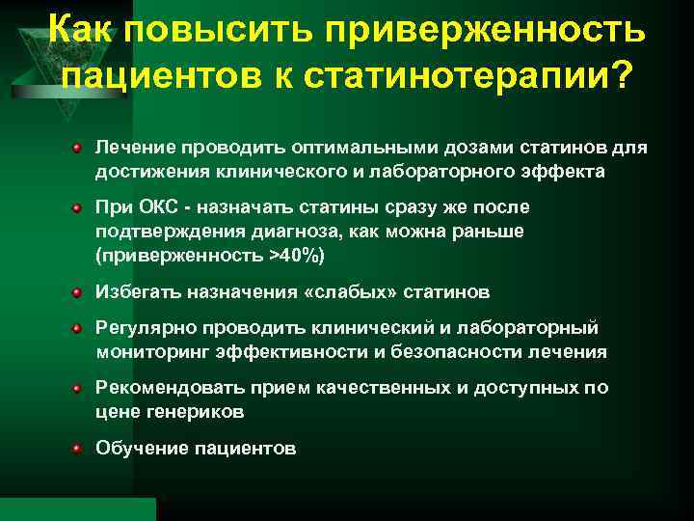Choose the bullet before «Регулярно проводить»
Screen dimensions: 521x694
[x=75, y=328]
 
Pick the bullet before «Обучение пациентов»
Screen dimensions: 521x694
[x=75, y=449]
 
